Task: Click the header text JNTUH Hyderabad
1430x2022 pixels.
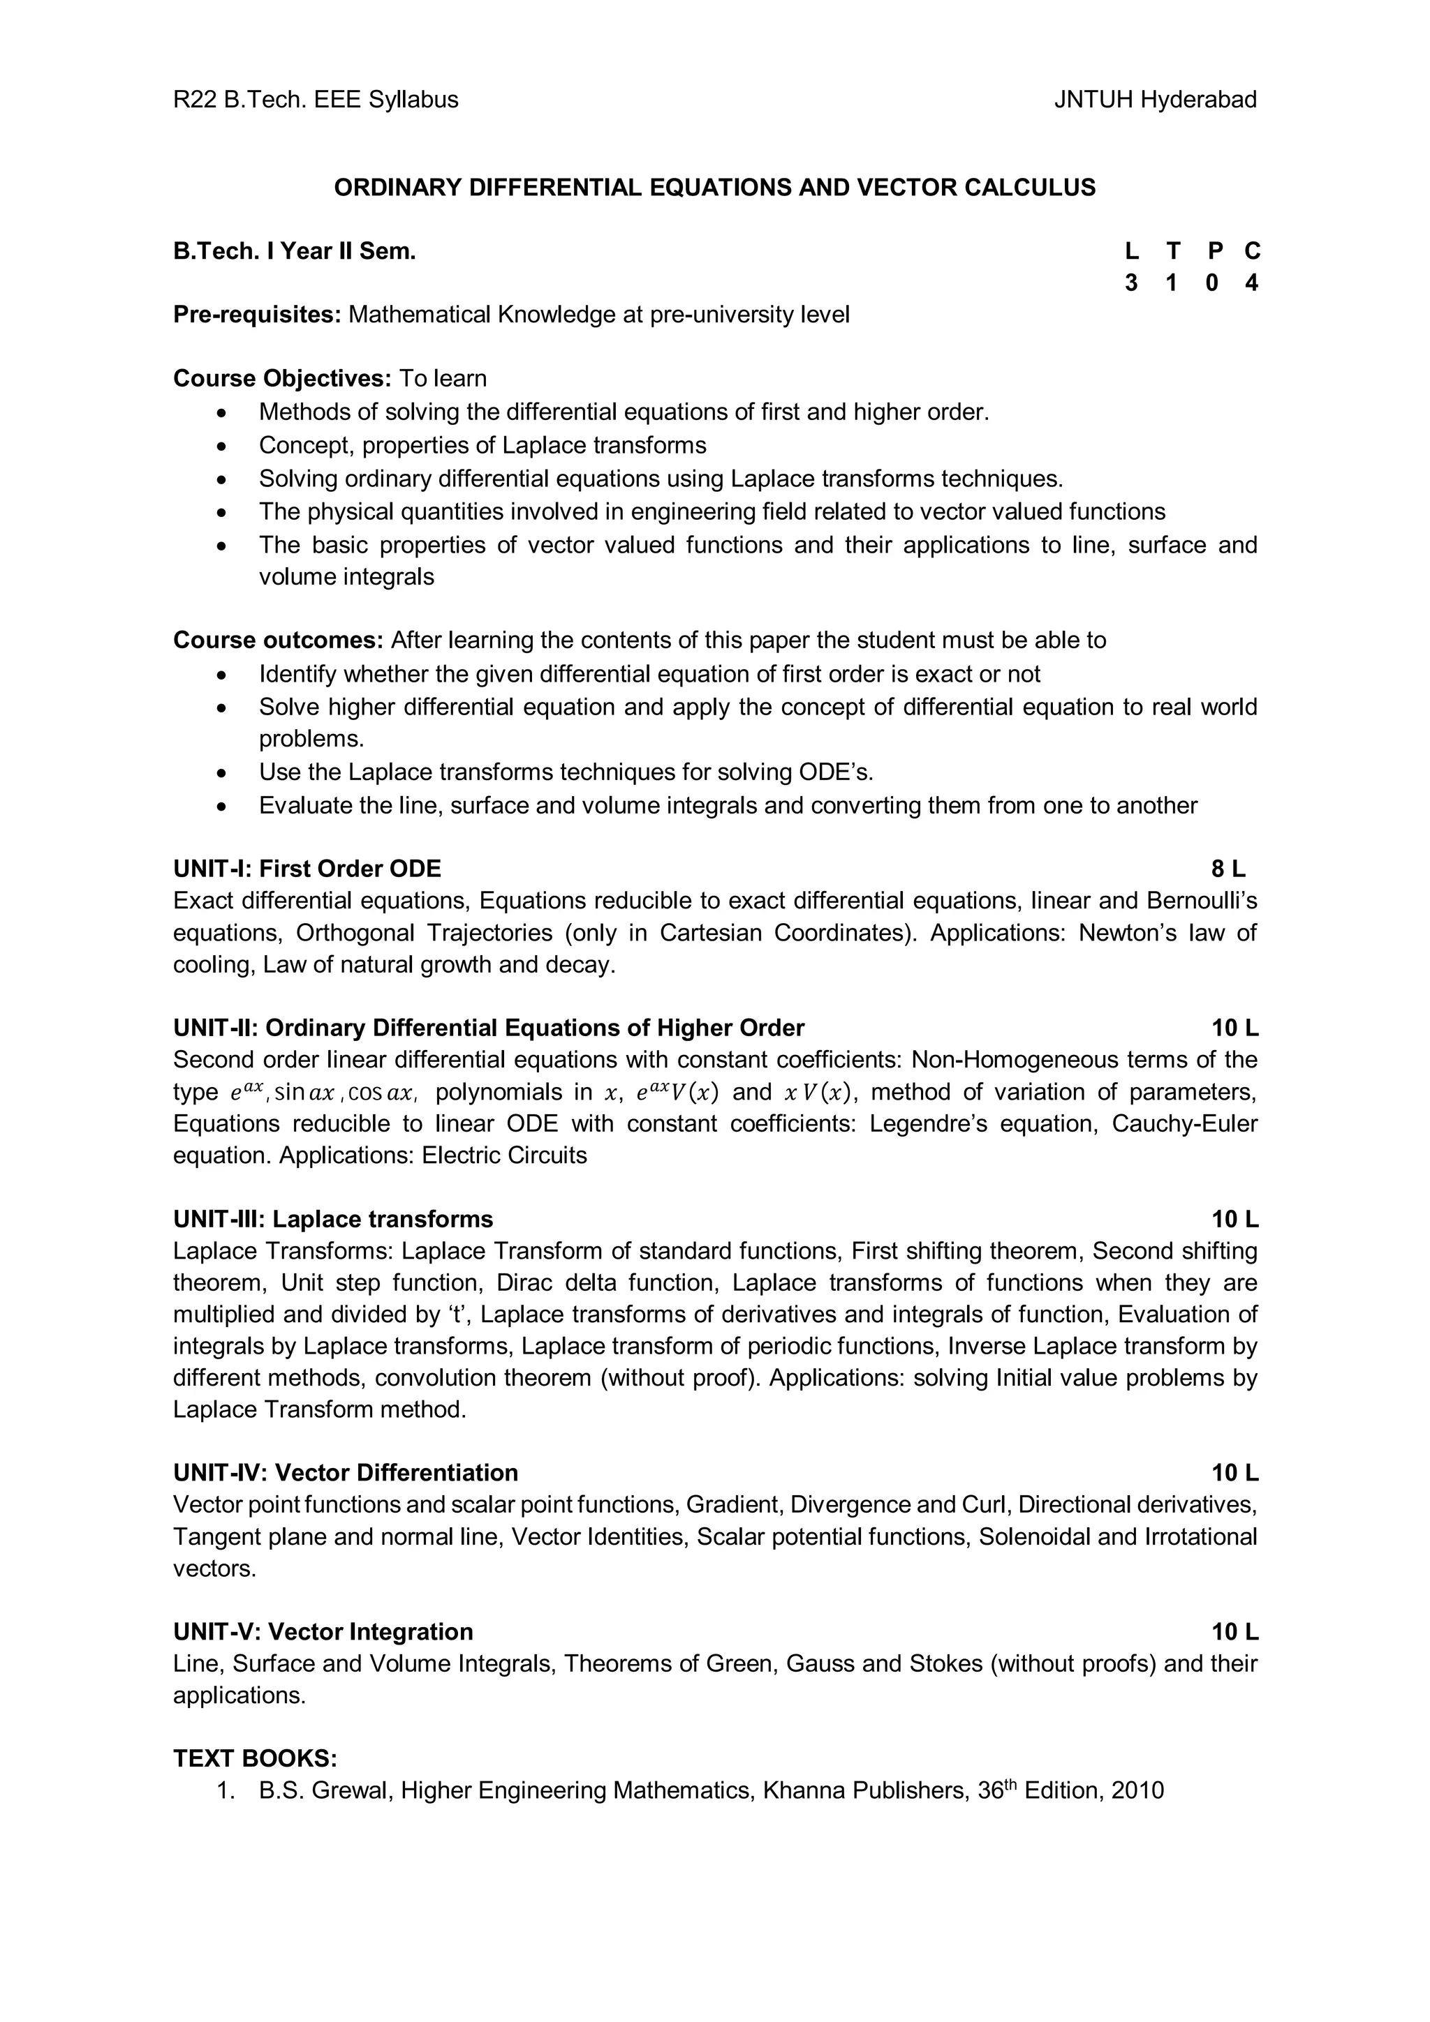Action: click(1154, 100)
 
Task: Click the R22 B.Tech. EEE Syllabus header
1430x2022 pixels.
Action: click(316, 100)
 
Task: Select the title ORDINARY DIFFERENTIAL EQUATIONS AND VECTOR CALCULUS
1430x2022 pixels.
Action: click(714, 188)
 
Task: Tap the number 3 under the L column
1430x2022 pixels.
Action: click(1131, 283)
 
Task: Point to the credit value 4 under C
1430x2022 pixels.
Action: click(1251, 283)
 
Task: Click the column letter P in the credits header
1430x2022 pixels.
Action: click(1214, 252)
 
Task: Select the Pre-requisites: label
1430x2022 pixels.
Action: click(256, 315)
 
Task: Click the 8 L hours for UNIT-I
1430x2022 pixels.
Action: click(1228, 869)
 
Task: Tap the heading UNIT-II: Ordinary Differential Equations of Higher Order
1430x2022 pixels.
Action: click(489, 1028)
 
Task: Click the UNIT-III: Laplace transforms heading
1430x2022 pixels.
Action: click(333, 1219)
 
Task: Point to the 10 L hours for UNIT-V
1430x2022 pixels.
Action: click(1234, 1632)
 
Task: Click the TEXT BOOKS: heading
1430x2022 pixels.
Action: click(255, 1759)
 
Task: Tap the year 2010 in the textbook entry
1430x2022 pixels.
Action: click(1137, 1790)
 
